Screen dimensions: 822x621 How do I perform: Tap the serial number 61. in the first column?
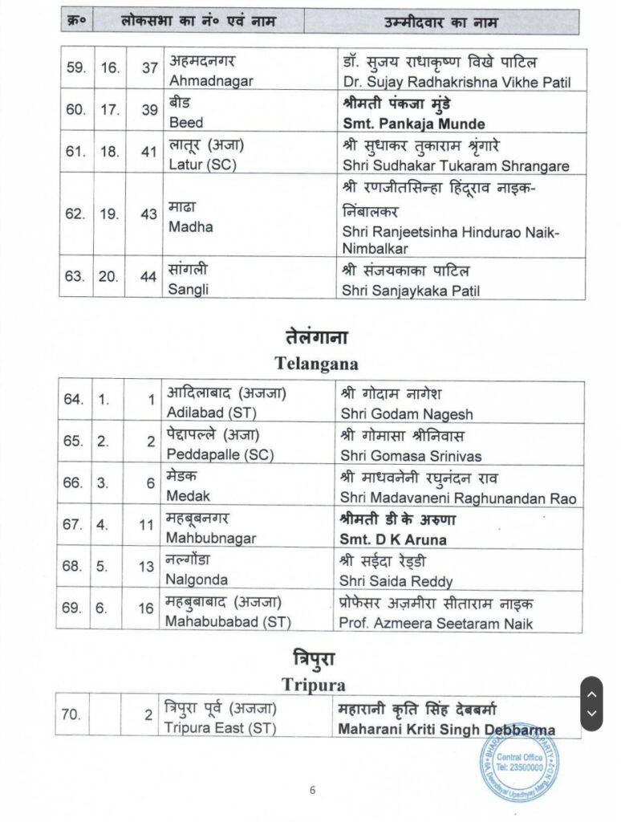coord(75,152)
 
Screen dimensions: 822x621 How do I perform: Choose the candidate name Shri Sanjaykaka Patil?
coord(410,291)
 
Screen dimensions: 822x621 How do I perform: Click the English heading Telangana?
coord(316,363)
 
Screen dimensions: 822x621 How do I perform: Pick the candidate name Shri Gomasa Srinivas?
coord(412,456)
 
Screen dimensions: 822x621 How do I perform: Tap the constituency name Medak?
coord(187,497)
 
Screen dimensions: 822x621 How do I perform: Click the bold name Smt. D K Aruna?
coord(393,539)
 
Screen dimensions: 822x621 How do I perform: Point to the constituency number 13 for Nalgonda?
coord(146,567)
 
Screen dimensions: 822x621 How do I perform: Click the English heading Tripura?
coord(313,685)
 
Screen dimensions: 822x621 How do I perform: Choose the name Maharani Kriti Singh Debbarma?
coord(446,730)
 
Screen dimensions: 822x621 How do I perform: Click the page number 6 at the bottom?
coord(312,790)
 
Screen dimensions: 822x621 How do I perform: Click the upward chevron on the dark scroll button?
coord(591,694)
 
